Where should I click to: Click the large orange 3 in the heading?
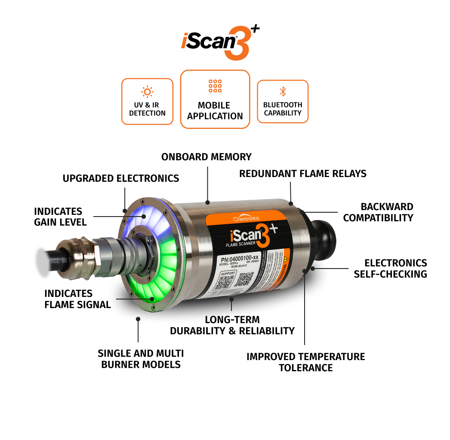coord(237,44)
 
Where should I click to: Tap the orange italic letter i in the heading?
coord(185,41)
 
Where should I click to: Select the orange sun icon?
coord(148,92)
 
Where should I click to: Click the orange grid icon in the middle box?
coord(215,86)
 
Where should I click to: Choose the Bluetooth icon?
coord(283,92)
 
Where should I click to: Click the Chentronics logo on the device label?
coord(247,218)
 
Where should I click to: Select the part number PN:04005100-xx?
coord(242,259)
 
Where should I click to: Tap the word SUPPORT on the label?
coord(228,273)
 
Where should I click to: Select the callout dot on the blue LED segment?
coord(145,216)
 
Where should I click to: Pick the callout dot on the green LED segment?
coord(152,299)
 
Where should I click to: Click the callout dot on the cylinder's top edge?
coord(207,202)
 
